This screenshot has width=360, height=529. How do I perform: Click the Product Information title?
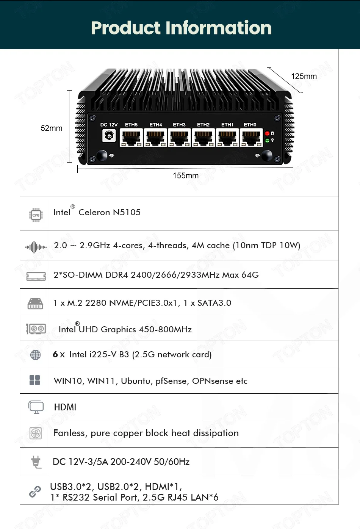tap(181, 28)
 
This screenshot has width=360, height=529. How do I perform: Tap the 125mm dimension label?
tap(304, 76)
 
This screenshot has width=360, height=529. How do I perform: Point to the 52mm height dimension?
tap(52, 128)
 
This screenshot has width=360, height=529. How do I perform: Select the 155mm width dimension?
tap(186, 175)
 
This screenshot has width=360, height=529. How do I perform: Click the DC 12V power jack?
tap(109, 135)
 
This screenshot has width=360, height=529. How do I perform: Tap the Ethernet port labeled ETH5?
tap(131, 138)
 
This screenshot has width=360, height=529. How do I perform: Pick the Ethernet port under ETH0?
tap(251, 138)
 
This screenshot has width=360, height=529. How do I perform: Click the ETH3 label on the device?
tap(179, 125)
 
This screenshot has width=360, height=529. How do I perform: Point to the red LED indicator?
tap(267, 133)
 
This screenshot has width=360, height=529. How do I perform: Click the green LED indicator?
tap(267, 141)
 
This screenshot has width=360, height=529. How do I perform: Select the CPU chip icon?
tap(36, 215)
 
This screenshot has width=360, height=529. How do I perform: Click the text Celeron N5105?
tap(110, 212)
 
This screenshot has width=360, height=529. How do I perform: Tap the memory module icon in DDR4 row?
tap(36, 276)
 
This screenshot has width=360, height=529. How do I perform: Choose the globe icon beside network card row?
tap(35, 355)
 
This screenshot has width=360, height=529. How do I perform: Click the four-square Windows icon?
tap(35, 380)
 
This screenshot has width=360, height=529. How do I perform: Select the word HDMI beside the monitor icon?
tap(65, 407)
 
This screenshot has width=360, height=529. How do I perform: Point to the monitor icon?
tap(36, 407)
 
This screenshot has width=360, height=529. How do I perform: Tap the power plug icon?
tap(36, 462)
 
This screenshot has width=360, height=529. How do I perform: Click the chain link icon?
tap(35, 491)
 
